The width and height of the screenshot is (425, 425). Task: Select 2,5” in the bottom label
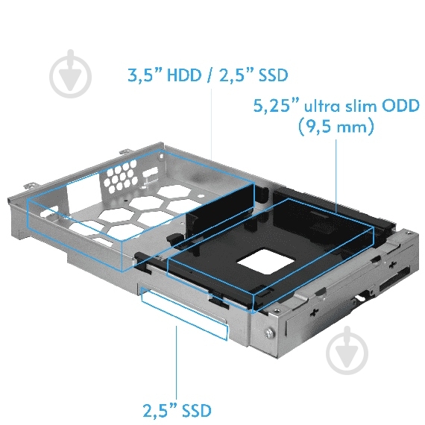click(x=159, y=409)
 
